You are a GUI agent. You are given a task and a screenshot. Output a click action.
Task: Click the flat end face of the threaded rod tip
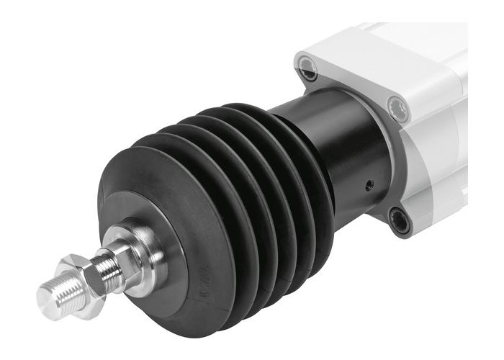52,296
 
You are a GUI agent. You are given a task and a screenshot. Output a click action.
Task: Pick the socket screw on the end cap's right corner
398,109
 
